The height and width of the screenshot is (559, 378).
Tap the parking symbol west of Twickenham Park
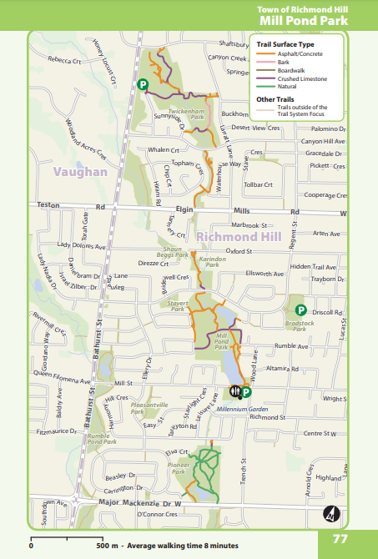tap(143, 83)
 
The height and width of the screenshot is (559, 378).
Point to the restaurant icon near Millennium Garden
tap(235, 390)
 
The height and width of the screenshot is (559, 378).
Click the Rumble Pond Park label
tap(98, 439)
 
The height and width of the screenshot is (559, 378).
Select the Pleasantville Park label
tap(150, 406)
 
